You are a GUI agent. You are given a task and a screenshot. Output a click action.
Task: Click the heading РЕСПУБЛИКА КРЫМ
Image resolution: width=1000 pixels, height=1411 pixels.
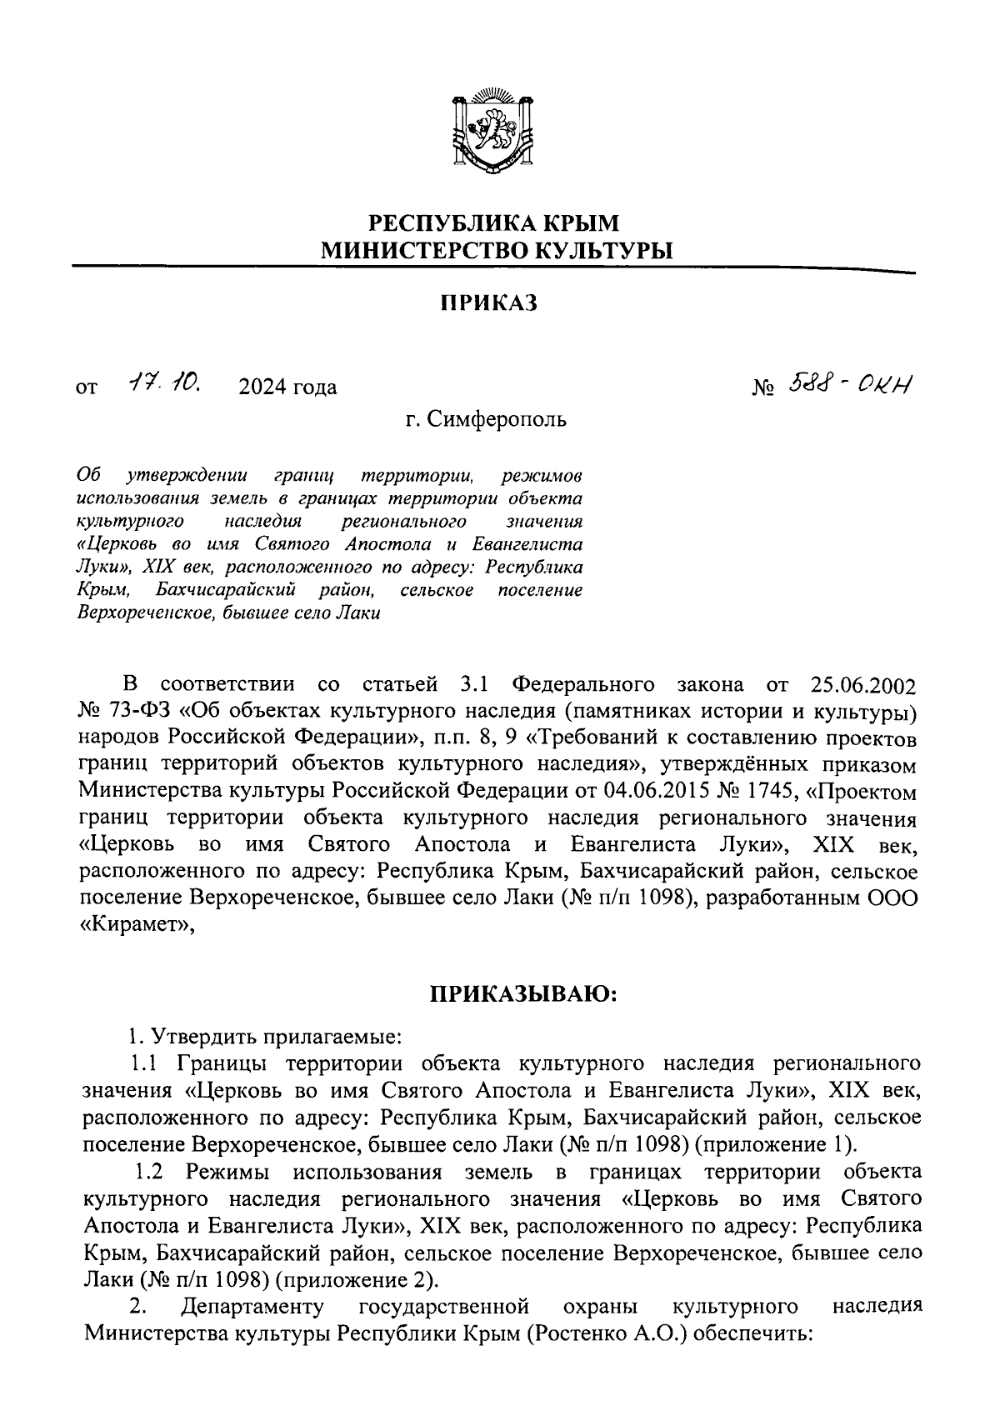tap(495, 223)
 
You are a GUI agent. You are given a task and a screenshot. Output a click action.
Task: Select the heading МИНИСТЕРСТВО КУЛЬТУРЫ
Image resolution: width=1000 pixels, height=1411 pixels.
tap(497, 249)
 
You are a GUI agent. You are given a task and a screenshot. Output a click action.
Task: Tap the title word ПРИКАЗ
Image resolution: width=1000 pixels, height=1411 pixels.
tap(489, 303)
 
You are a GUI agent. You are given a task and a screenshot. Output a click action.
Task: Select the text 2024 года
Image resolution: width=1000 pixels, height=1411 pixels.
tap(287, 388)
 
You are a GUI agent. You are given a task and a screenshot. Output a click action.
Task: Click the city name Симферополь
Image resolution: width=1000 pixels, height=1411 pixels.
tap(497, 419)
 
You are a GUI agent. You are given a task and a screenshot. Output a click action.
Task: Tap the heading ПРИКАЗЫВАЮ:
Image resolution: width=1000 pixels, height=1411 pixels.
tap(522, 994)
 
